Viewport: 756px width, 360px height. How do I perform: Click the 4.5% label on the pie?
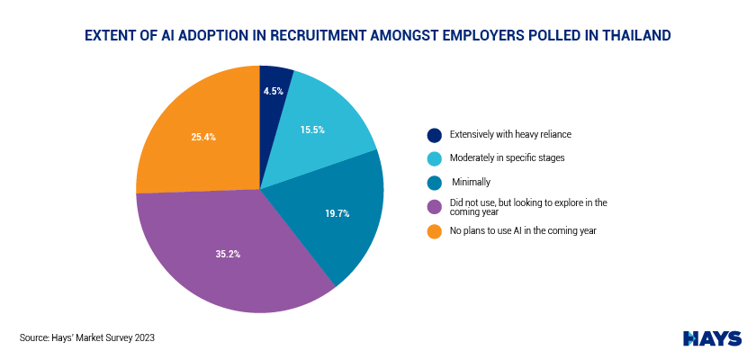pyautogui.click(x=273, y=91)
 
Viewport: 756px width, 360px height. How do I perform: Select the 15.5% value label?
pyautogui.click(x=312, y=130)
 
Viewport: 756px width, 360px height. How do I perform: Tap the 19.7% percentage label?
pyautogui.click(x=337, y=214)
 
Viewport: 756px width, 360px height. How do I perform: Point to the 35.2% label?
pyautogui.click(x=228, y=254)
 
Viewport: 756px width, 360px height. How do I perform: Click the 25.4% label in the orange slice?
pyautogui.click(x=203, y=138)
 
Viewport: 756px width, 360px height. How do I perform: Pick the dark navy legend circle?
pyautogui.click(x=434, y=135)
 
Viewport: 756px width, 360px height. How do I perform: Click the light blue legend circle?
pyautogui.click(x=434, y=158)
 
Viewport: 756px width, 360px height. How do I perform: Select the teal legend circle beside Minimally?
pyautogui.click(x=434, y=183)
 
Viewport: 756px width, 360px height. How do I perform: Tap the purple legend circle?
pyautogui.click(x=434, y=207)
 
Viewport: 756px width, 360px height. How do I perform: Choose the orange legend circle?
pyautogui.click(x=434, y=231)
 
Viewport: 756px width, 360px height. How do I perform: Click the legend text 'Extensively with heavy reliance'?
pyautogui.click(x=510, y=134)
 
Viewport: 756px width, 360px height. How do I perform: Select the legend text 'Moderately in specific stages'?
pyautogui.click(x=508, y=157)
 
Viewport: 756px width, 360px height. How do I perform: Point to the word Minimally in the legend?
pyautogui.click(x=471, y=182)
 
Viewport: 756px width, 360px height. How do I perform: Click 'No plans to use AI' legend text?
pyautogui.click(x=490, y=230)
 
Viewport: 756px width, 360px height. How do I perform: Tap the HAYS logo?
pyautogui.click(x=712, y=338)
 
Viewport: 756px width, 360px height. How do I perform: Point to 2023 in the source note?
pyautogui.click(x=145, y=337)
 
